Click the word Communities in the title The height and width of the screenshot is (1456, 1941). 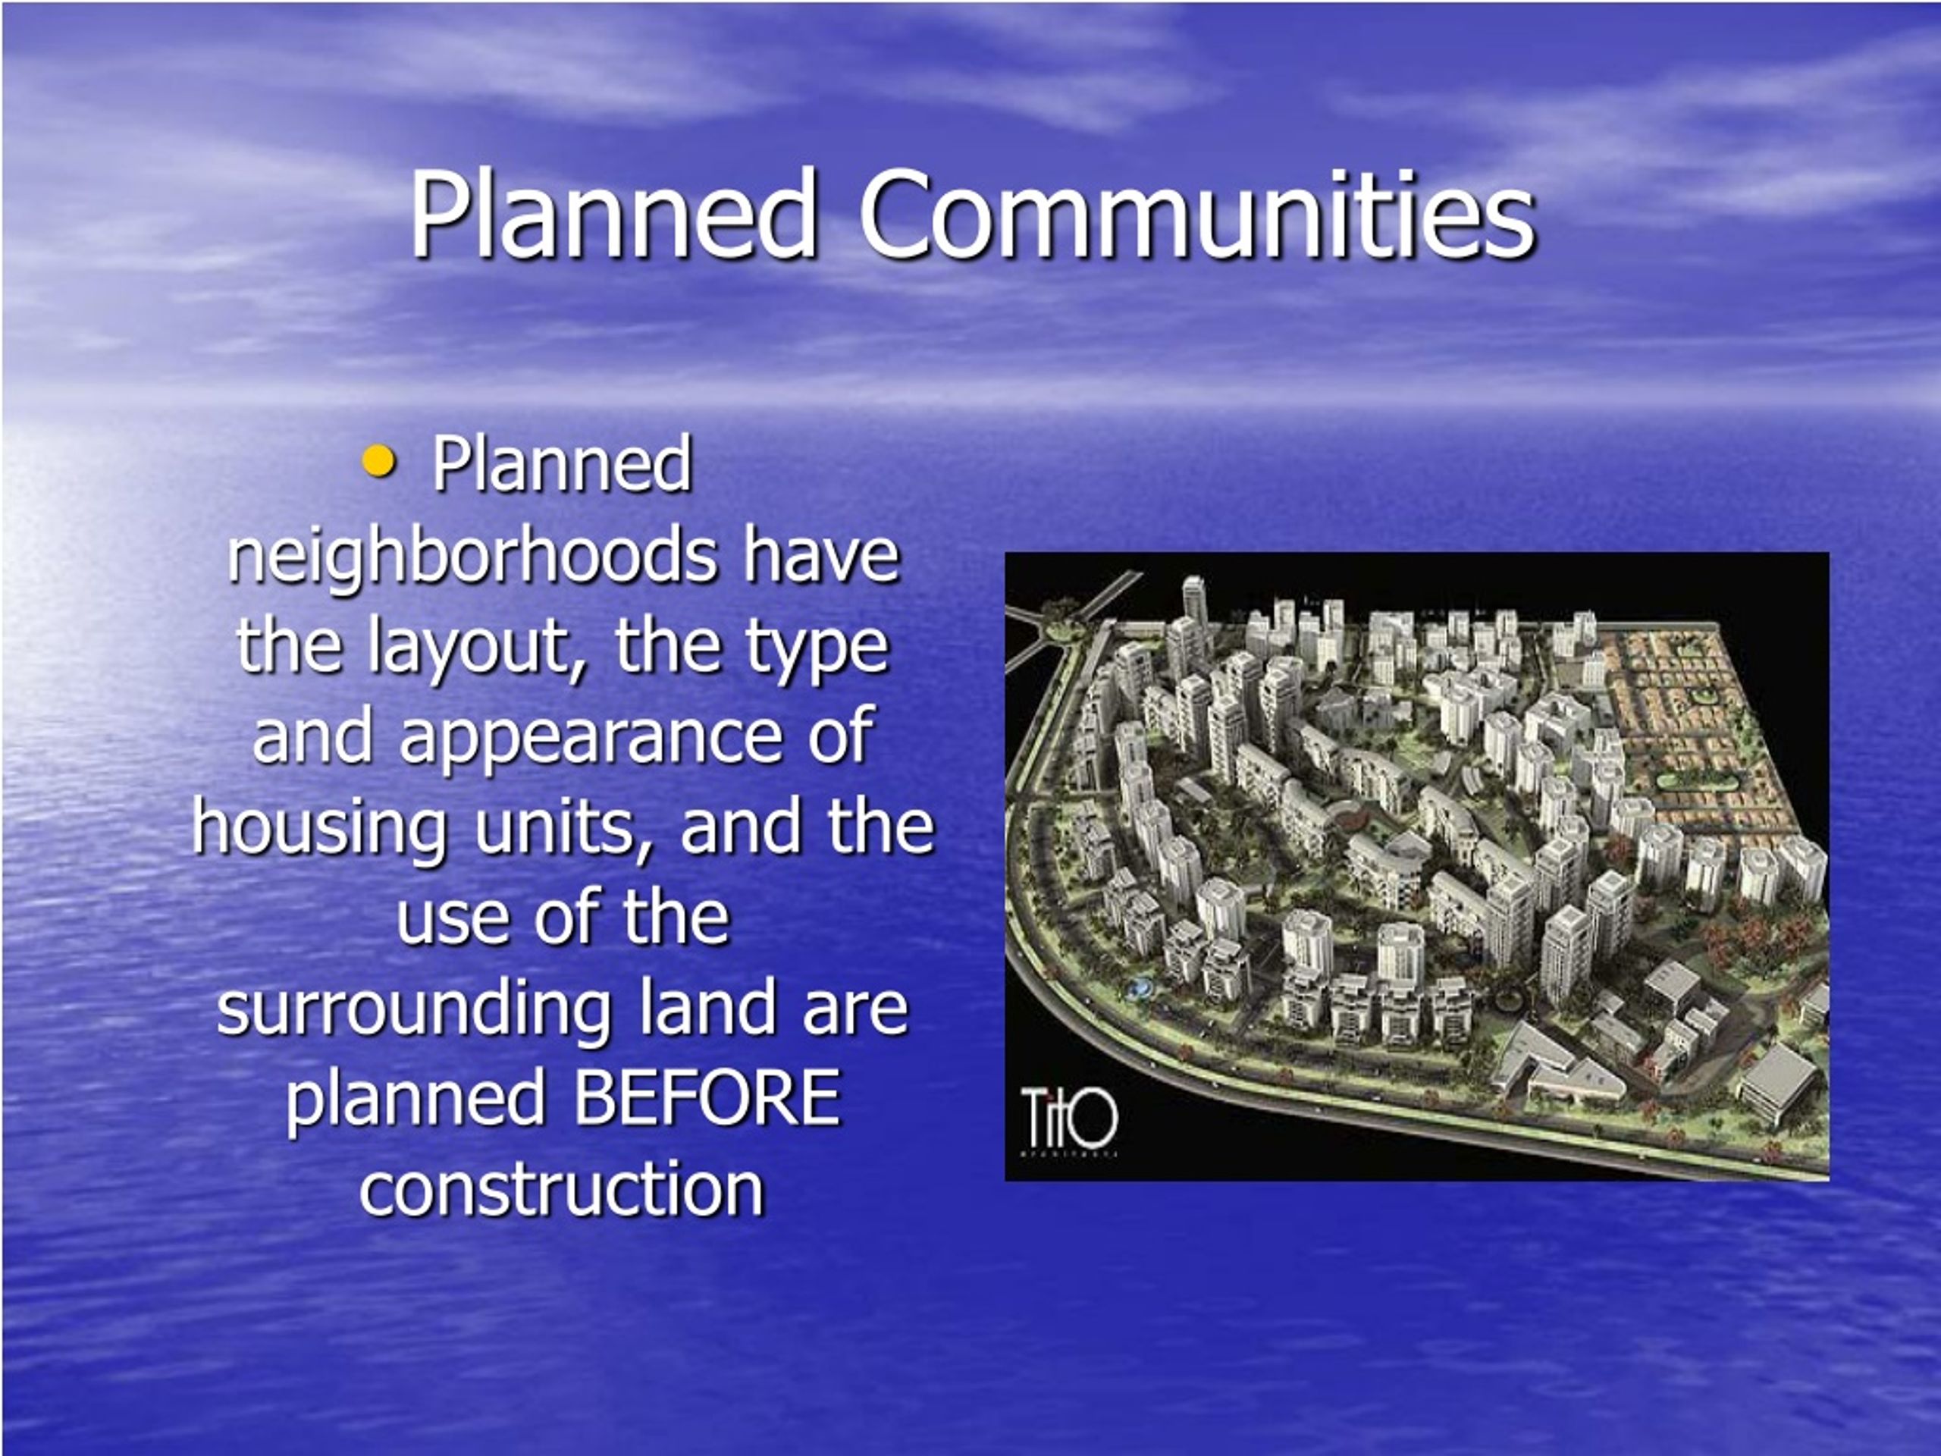[x=1197, y=215]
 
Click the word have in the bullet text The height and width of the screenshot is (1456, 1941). [x=822, y=557]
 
